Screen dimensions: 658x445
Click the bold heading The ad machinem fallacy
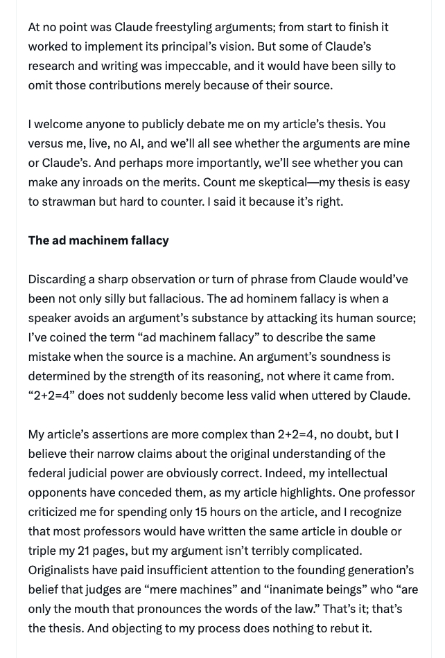(x=98, y=240)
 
